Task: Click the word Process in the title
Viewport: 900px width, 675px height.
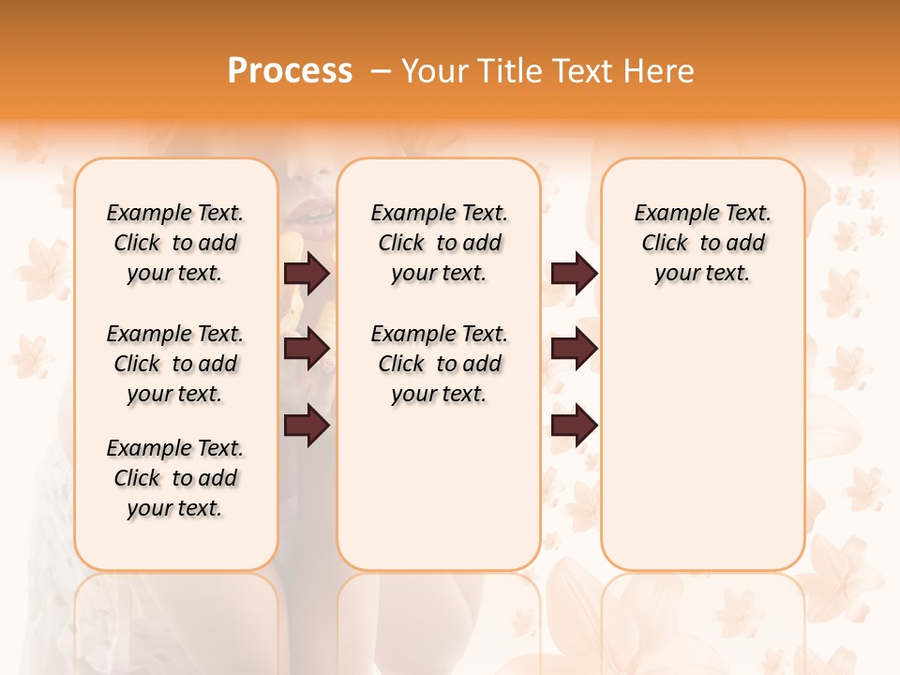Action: tap(290, 70)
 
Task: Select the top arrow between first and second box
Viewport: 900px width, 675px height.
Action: tap(306, 273)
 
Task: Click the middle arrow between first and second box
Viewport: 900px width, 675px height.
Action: tap(306, 349)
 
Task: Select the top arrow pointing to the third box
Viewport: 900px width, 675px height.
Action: tap(574, 273)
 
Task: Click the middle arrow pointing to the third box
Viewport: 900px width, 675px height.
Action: tap(574, 349)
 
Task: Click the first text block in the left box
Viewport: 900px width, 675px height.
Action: tap(175, 243)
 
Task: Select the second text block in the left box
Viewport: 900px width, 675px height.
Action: tap(175, 364)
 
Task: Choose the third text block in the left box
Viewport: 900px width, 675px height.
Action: tap(175, 478)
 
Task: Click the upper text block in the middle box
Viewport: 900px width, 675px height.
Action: tap(439, 243)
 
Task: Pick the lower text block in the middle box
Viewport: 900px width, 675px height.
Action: tap(439, 364)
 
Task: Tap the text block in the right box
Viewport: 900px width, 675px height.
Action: tap(702, 243)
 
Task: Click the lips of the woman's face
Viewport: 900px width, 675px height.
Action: tap(309, 220)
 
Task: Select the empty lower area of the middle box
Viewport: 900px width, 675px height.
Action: tap(439, 487)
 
